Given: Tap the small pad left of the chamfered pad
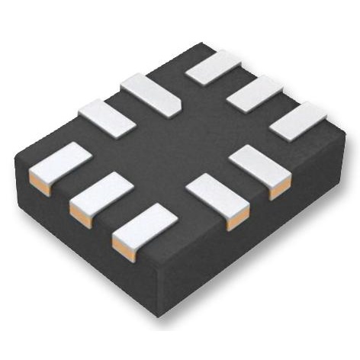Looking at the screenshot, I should click(x=107, y=119).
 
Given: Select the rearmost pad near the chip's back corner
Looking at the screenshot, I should click(x=214, y=67).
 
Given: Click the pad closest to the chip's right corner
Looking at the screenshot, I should click(x=298, y=121).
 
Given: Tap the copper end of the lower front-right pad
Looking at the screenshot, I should click(x=241, y=216).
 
